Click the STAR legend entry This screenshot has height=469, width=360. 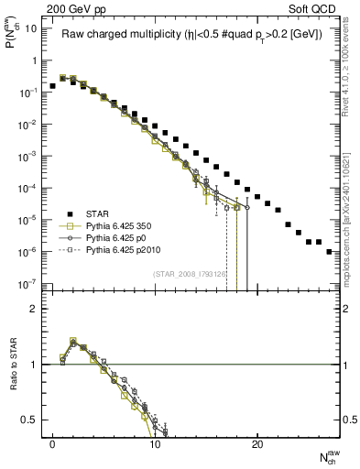[100, 215]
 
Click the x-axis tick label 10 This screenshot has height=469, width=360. [155, 446]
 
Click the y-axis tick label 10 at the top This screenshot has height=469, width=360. [31, 28]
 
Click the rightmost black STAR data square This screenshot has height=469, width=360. [329, 251]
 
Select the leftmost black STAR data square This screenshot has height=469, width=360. [52, 85]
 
